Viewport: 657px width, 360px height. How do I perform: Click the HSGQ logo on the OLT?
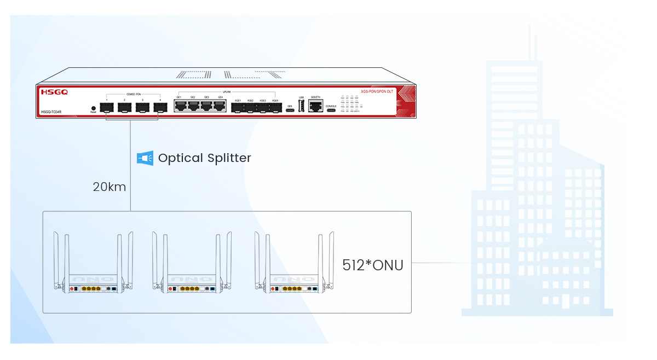tap(54, 92)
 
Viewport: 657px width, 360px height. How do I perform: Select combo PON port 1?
tap(107, 107)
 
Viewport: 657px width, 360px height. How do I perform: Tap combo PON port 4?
tap(160, 107)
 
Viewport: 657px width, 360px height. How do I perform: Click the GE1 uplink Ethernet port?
tap(180, 106)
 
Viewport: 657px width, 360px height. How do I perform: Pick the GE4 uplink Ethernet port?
tap(221, 106)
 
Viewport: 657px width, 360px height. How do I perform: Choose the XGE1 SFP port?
tap(238, 108)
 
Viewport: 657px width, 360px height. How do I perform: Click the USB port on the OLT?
tap(301, 106)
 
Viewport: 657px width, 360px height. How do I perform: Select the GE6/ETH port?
tap(315, 107)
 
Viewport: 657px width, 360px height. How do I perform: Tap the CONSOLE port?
tap(331, 111)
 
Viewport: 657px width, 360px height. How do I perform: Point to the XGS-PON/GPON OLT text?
tap(377, 91)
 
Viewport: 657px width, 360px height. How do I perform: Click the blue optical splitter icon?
tap(145, 158)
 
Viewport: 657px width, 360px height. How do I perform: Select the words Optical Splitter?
tap(204, 158)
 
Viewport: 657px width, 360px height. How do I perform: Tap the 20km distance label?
tap(109, 187)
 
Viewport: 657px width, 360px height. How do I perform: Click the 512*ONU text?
tap(373, 265)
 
